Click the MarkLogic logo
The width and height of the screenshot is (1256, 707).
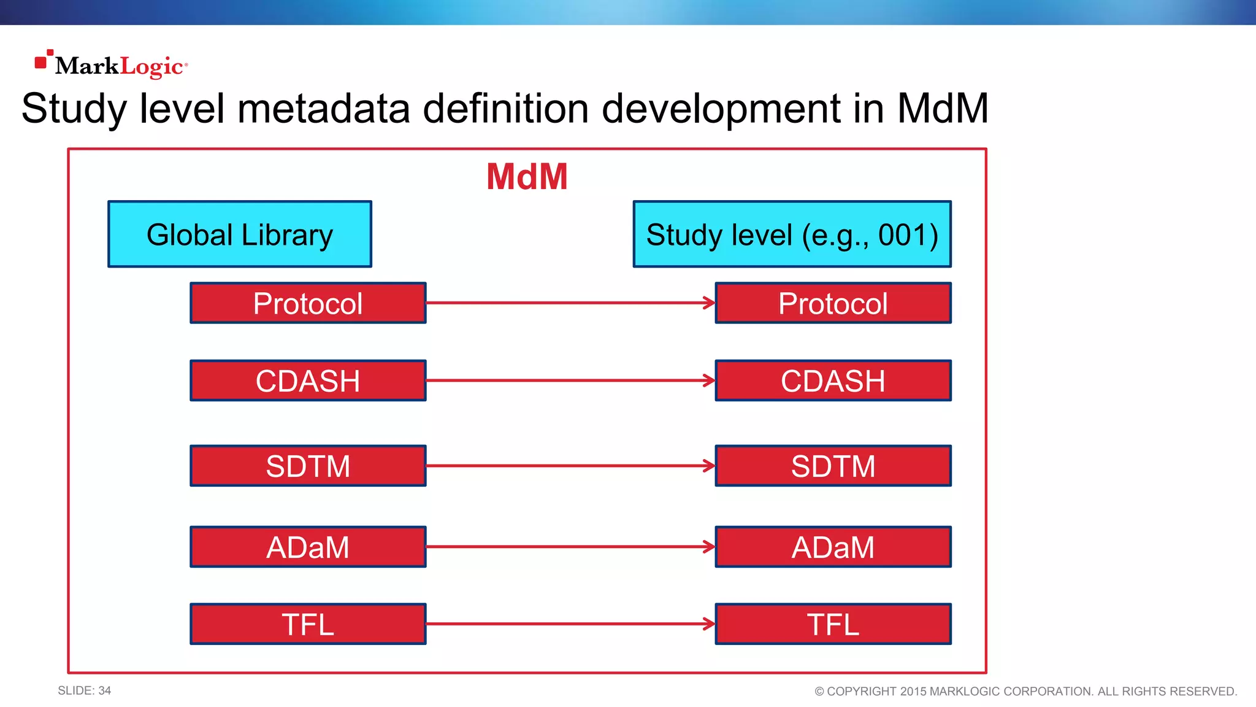coord(112,65)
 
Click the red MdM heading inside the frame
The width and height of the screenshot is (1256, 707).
coord(527,177)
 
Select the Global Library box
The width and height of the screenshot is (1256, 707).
coord(240,234)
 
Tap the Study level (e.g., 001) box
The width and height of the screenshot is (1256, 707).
coord(792,234)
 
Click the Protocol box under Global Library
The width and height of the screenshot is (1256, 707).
coord(308,303)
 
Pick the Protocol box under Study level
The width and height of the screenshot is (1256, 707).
coord(833,303)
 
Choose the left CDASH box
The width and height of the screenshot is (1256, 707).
coord(308,381)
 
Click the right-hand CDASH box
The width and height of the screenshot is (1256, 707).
coord(833,381)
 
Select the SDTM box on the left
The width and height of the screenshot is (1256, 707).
coord(308,466)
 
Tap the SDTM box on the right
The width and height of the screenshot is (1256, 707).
coord(833,466)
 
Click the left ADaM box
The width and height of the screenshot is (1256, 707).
coord(308,547)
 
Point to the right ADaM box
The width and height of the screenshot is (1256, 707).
coord(833,547)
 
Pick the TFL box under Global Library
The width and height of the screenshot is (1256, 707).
coord(308,624)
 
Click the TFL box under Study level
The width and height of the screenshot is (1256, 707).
coord(833,624)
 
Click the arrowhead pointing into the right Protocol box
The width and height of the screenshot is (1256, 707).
coord(710,303)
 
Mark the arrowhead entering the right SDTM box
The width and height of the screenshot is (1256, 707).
coord(710,466)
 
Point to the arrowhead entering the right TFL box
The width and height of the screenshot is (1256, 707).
coord(710,624)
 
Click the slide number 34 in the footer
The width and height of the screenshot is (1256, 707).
coord(104,690)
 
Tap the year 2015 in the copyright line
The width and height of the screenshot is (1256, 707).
coord(913,692)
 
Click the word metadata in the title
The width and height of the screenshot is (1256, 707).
coord(323,109)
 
